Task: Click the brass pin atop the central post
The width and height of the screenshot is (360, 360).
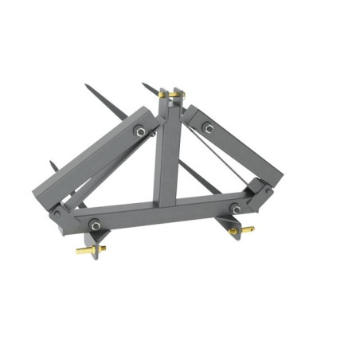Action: (169, 94)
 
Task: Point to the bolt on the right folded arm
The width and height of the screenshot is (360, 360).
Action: (208, 127)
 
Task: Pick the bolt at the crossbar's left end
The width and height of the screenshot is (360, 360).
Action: (95, 225)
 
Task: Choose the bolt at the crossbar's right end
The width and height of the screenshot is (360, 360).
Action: (236, 209)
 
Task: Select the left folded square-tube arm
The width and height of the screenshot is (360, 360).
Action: (96, 159)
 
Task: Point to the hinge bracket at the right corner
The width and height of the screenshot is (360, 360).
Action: (260, 191)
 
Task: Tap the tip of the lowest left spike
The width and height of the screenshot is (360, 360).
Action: (52, 164)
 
